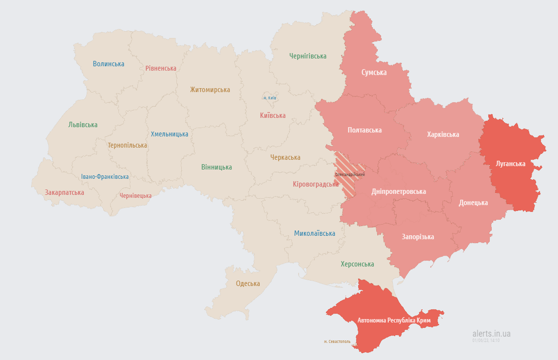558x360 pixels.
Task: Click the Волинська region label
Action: (108, 64)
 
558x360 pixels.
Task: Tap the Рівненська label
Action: (161, 68)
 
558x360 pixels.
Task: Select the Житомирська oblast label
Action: (210, 90)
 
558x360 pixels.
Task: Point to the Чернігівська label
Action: (308, 56)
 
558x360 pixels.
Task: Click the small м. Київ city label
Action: (269, 98)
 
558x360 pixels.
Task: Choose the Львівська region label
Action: (83, 125)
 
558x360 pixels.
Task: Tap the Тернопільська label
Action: (127, 146)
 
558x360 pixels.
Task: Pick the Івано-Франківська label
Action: (105, 177)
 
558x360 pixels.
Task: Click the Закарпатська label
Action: (64, 192)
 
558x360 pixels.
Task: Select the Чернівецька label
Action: (135, 196)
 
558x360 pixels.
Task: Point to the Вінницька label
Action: (216, 167)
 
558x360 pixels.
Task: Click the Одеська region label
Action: (248, 284)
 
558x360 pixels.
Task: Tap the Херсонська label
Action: (357, 264)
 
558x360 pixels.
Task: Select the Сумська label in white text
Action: (374, 73)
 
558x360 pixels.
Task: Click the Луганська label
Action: (510, 164)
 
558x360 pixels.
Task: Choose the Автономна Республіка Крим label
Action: (393, 321)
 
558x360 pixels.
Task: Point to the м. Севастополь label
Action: (337, 341)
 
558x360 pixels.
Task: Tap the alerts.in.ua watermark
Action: (491, 334)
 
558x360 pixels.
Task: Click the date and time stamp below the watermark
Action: (486, 341)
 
